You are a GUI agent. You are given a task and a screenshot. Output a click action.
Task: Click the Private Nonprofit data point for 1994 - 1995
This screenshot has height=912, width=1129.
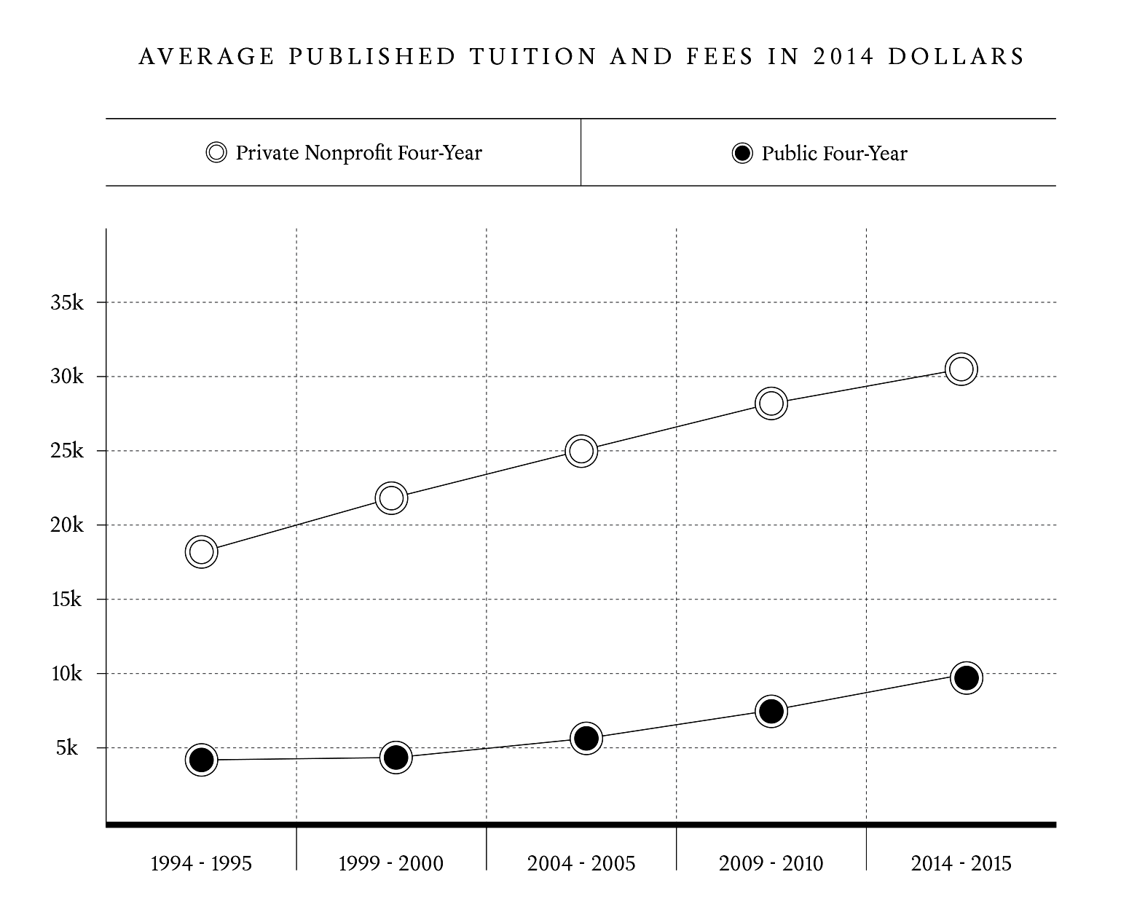(x=202, y=551)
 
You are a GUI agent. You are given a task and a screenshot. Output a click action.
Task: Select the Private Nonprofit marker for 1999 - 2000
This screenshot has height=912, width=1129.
(x=391, y=498)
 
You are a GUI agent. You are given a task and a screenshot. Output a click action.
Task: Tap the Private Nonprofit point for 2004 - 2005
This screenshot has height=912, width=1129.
(x=581, y=451)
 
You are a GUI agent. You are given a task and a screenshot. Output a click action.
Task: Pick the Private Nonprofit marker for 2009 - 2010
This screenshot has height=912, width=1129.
(x=771, y=403)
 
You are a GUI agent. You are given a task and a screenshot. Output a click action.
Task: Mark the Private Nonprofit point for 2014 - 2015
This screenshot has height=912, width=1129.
(x=961, y=369)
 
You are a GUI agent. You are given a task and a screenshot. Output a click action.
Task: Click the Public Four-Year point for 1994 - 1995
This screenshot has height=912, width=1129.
(x=202, y=760)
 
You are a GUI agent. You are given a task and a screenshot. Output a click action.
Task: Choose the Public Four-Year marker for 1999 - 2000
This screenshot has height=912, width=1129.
(x=396, y=758)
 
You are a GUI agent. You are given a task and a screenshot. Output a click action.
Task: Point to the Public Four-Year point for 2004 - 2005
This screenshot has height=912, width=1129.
(x=586, y=739)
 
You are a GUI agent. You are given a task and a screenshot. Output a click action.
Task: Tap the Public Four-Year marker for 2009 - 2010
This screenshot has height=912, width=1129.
(x=771, y=711)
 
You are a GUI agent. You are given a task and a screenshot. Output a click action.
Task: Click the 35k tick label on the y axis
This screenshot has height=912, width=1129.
(x=67, y=302)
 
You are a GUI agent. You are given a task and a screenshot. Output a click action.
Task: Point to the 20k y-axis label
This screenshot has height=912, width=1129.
(x=67, y=525)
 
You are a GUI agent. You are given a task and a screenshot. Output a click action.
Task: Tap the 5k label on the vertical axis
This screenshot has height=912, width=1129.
(x=67, y=748)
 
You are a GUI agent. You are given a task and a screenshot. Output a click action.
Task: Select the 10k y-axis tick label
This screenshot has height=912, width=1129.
(x=67, y=674)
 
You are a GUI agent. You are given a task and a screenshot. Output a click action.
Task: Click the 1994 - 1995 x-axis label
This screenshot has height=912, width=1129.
(x=201, y=864)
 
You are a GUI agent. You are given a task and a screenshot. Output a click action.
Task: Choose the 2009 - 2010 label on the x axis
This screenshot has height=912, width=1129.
(x=771, y=864)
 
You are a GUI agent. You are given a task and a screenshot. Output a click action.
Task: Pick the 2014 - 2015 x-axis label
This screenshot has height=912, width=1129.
(x=961, y=864)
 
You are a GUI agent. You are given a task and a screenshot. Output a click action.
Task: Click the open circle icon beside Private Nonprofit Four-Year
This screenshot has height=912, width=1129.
(x=216, y=153)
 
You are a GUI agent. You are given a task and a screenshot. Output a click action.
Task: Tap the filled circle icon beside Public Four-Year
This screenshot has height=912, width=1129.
(x=742, y=154)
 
